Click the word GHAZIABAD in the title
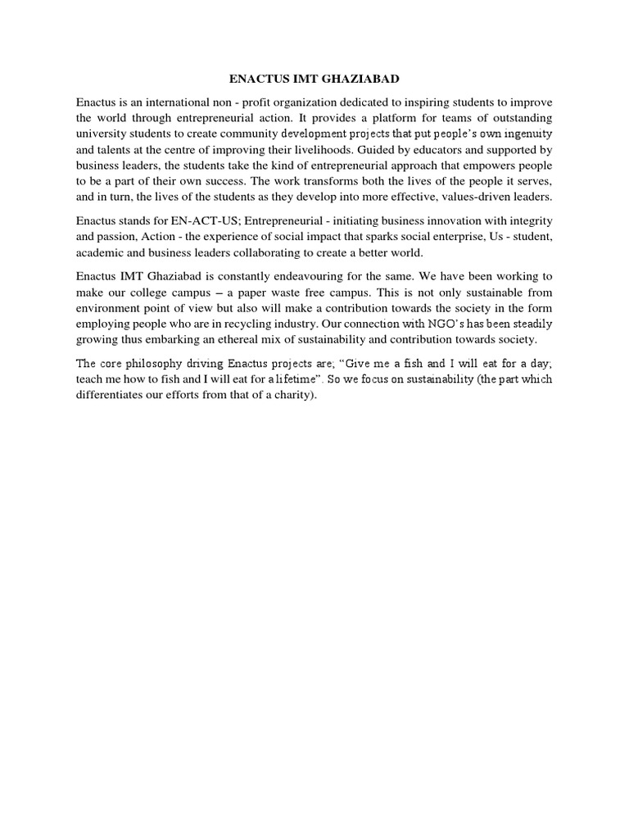tap(361, 79)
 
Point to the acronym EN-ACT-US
tap(206, 221)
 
